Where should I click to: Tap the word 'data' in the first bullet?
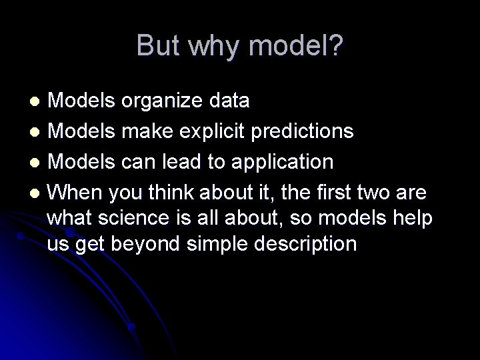click(229, 101)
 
